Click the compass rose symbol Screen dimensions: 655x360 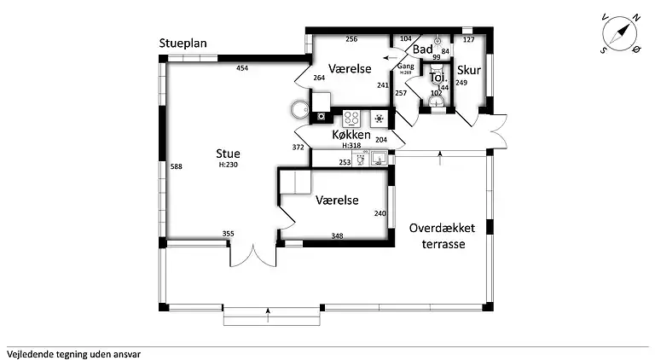coord(620,33)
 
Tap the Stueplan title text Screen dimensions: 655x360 coord(183,44)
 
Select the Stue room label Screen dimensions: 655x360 coord(228,154)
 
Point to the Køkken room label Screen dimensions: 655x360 coord(351,135)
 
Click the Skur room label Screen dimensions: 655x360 coord(469,70)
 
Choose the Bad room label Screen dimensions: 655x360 coord(423,49)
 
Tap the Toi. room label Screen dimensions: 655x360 coord(438,78)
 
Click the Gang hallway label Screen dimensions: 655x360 coord(405,66)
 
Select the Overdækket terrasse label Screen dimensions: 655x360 coord(443,236)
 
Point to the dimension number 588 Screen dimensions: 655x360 coord(177,166)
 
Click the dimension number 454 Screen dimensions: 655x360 coord(242,68)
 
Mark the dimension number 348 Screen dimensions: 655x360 coord(337,236)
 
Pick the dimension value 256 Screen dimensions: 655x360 coord(351,39)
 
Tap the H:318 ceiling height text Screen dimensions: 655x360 coord(351,146)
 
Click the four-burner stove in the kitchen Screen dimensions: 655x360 coord(351,119)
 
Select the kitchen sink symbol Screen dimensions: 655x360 coord(380,159)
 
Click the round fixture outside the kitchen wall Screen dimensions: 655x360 coord(300,109)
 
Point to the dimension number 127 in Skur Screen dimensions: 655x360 coord(469,40)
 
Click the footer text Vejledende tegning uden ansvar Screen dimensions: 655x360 coord(74,355)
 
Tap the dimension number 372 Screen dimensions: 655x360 coord(299,147)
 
